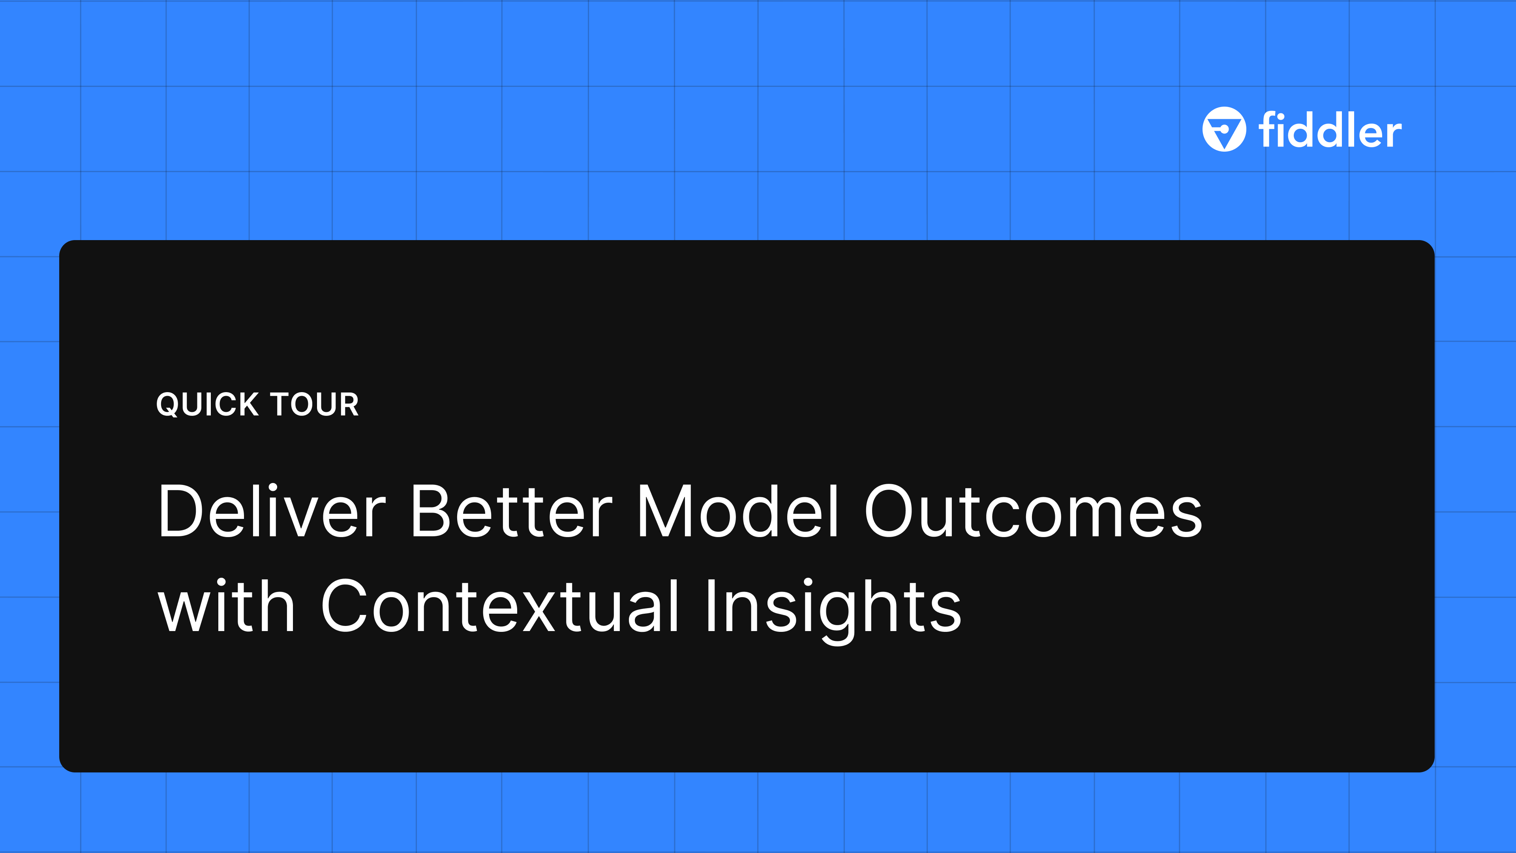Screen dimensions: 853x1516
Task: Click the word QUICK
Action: pyautogui.click(x=207, y=404)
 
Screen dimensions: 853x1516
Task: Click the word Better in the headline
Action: pyautogui.click(x=511, y=511)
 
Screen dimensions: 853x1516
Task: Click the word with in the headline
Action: pyautogui.click(x=227, y=606)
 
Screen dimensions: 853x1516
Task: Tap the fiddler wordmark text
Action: pyautogui.click(x=1330, y=131)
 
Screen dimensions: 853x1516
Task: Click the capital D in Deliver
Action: pyautogui.click(x=181, y=511)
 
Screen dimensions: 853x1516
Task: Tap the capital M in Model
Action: pyautogui.click(x=666, y=511)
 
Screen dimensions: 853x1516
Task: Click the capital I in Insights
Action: pyautogui.click(x=711, y=606)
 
